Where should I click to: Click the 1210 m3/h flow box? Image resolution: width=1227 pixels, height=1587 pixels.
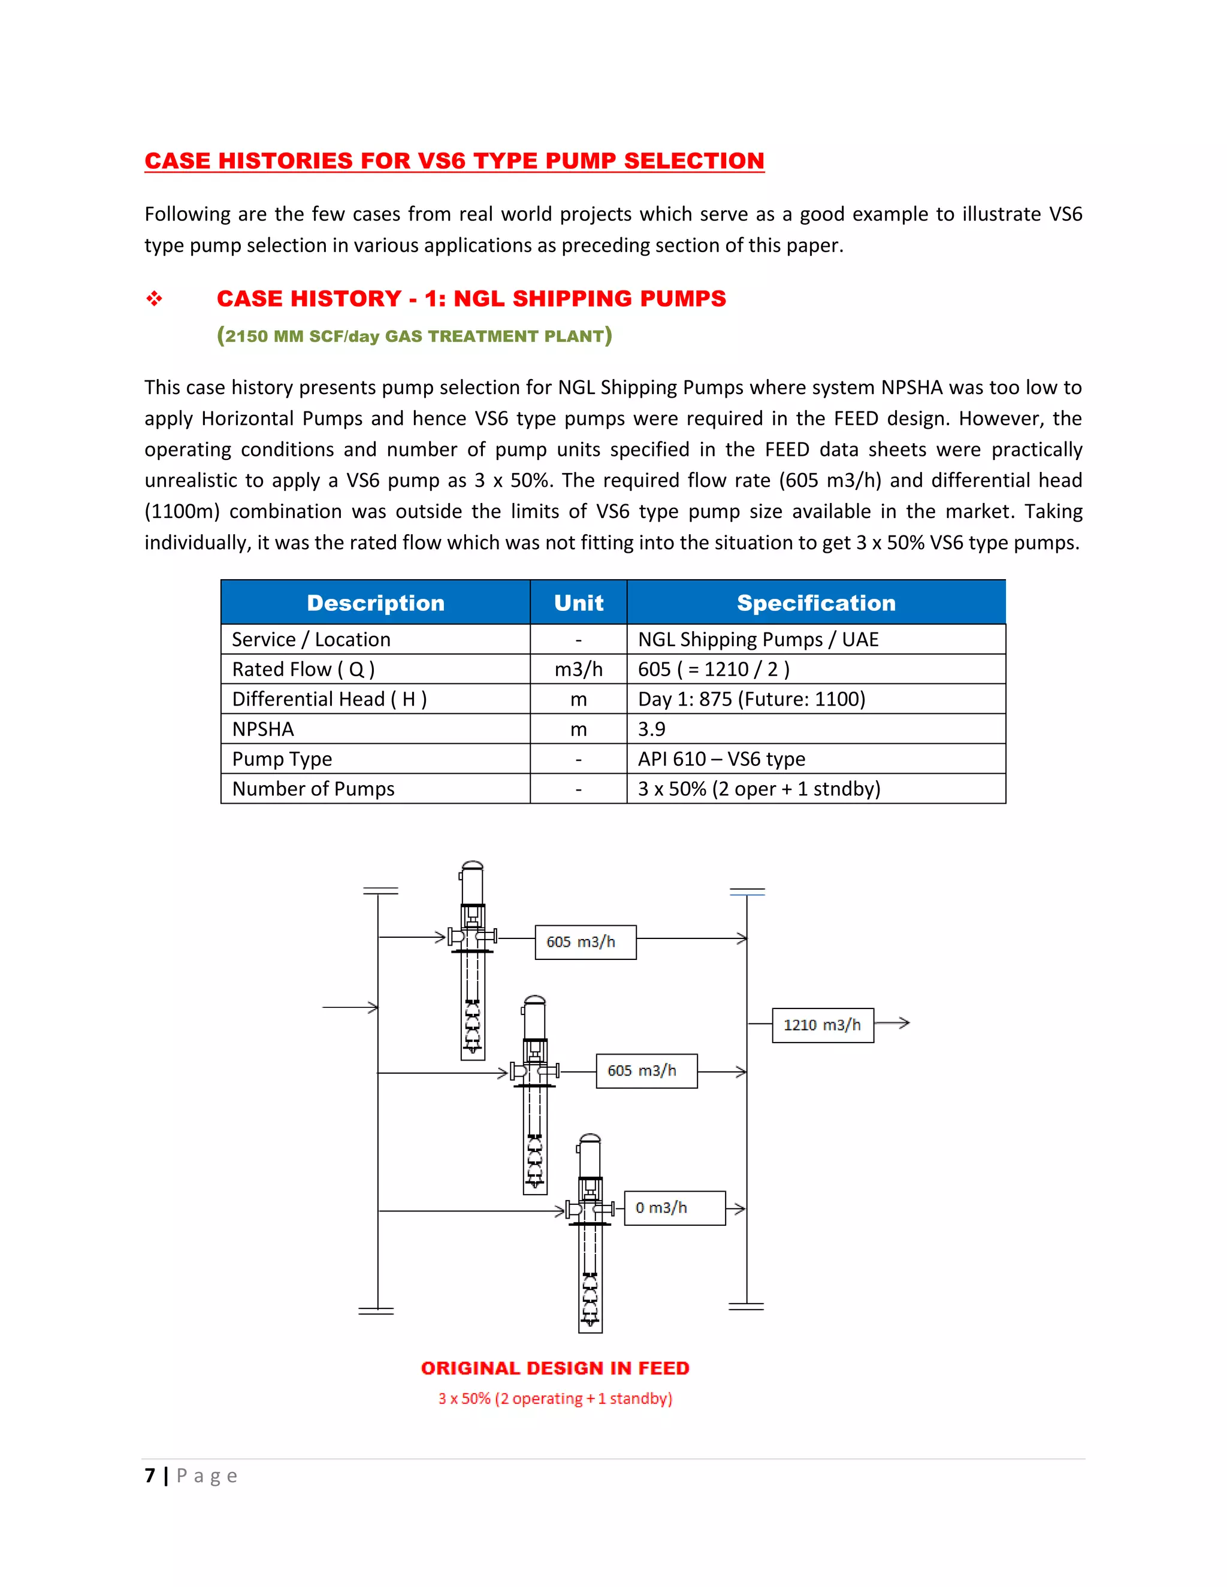[822, 1025]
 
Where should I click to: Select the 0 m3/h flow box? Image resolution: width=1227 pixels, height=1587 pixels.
[675, 1208]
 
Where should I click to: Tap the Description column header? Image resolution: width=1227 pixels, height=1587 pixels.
[375, 602]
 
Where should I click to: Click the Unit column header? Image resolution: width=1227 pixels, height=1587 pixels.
[578, 602]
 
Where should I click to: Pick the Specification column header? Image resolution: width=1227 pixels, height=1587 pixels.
[815, 602]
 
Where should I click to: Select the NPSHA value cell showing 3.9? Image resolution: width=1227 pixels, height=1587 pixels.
[652, 729]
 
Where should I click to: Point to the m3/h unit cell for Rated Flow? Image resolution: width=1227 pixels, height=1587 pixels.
[578, 670]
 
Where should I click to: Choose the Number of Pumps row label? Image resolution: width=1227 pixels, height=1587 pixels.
[313, 789]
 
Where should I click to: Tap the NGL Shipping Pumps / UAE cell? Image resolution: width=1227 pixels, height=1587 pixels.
[758, 640]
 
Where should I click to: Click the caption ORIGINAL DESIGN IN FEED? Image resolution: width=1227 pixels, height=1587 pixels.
[555, 1368]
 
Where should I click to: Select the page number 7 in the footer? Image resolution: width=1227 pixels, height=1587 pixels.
[150, 1476]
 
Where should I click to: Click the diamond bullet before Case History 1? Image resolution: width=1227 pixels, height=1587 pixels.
[154, 299]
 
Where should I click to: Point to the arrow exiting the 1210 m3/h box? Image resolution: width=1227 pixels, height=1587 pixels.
[893, 1023]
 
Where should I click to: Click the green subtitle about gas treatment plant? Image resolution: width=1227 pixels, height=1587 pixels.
[415, 336]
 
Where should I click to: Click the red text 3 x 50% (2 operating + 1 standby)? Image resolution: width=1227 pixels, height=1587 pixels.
[555, 1399]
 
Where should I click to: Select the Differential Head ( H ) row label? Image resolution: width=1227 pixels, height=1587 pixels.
[330, 699]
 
